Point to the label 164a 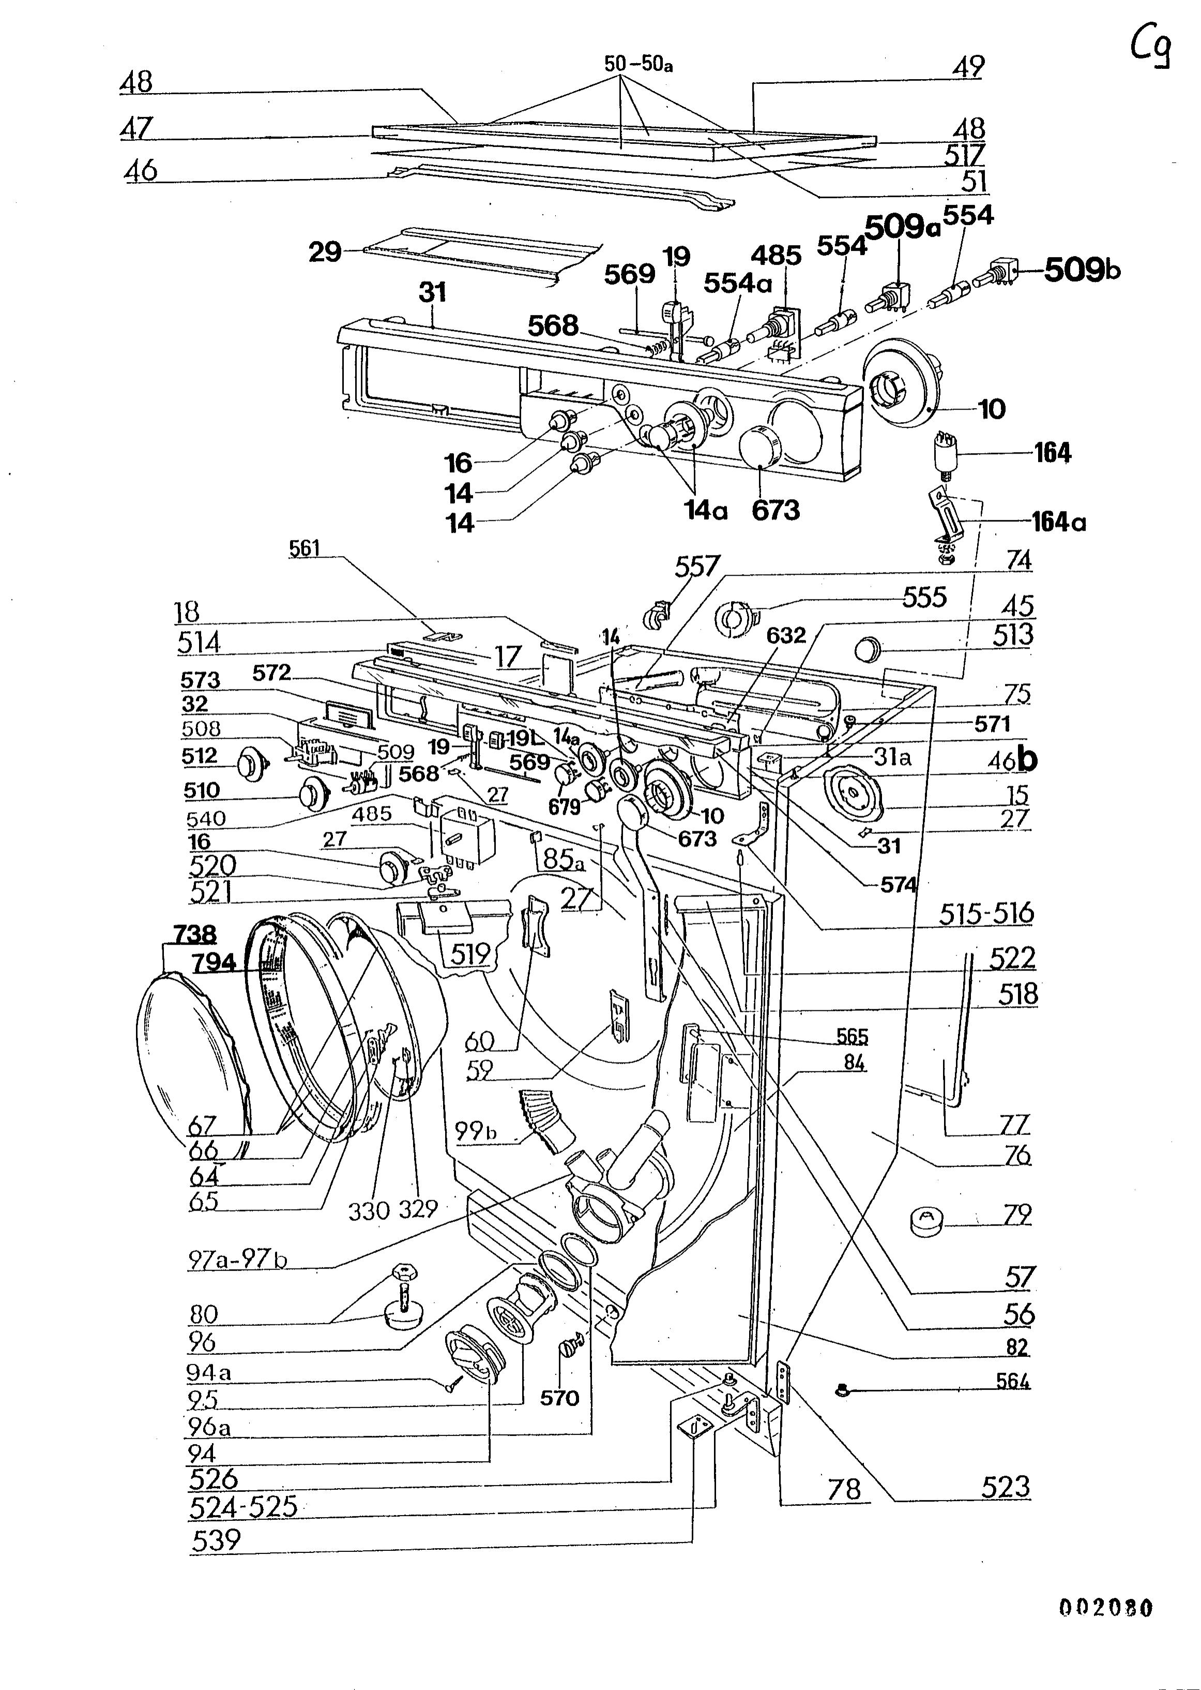(x=1059, y=522)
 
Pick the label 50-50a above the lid (x=638, y=64)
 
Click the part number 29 (x=325, y=252)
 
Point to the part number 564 (x=1013, y=1381)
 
